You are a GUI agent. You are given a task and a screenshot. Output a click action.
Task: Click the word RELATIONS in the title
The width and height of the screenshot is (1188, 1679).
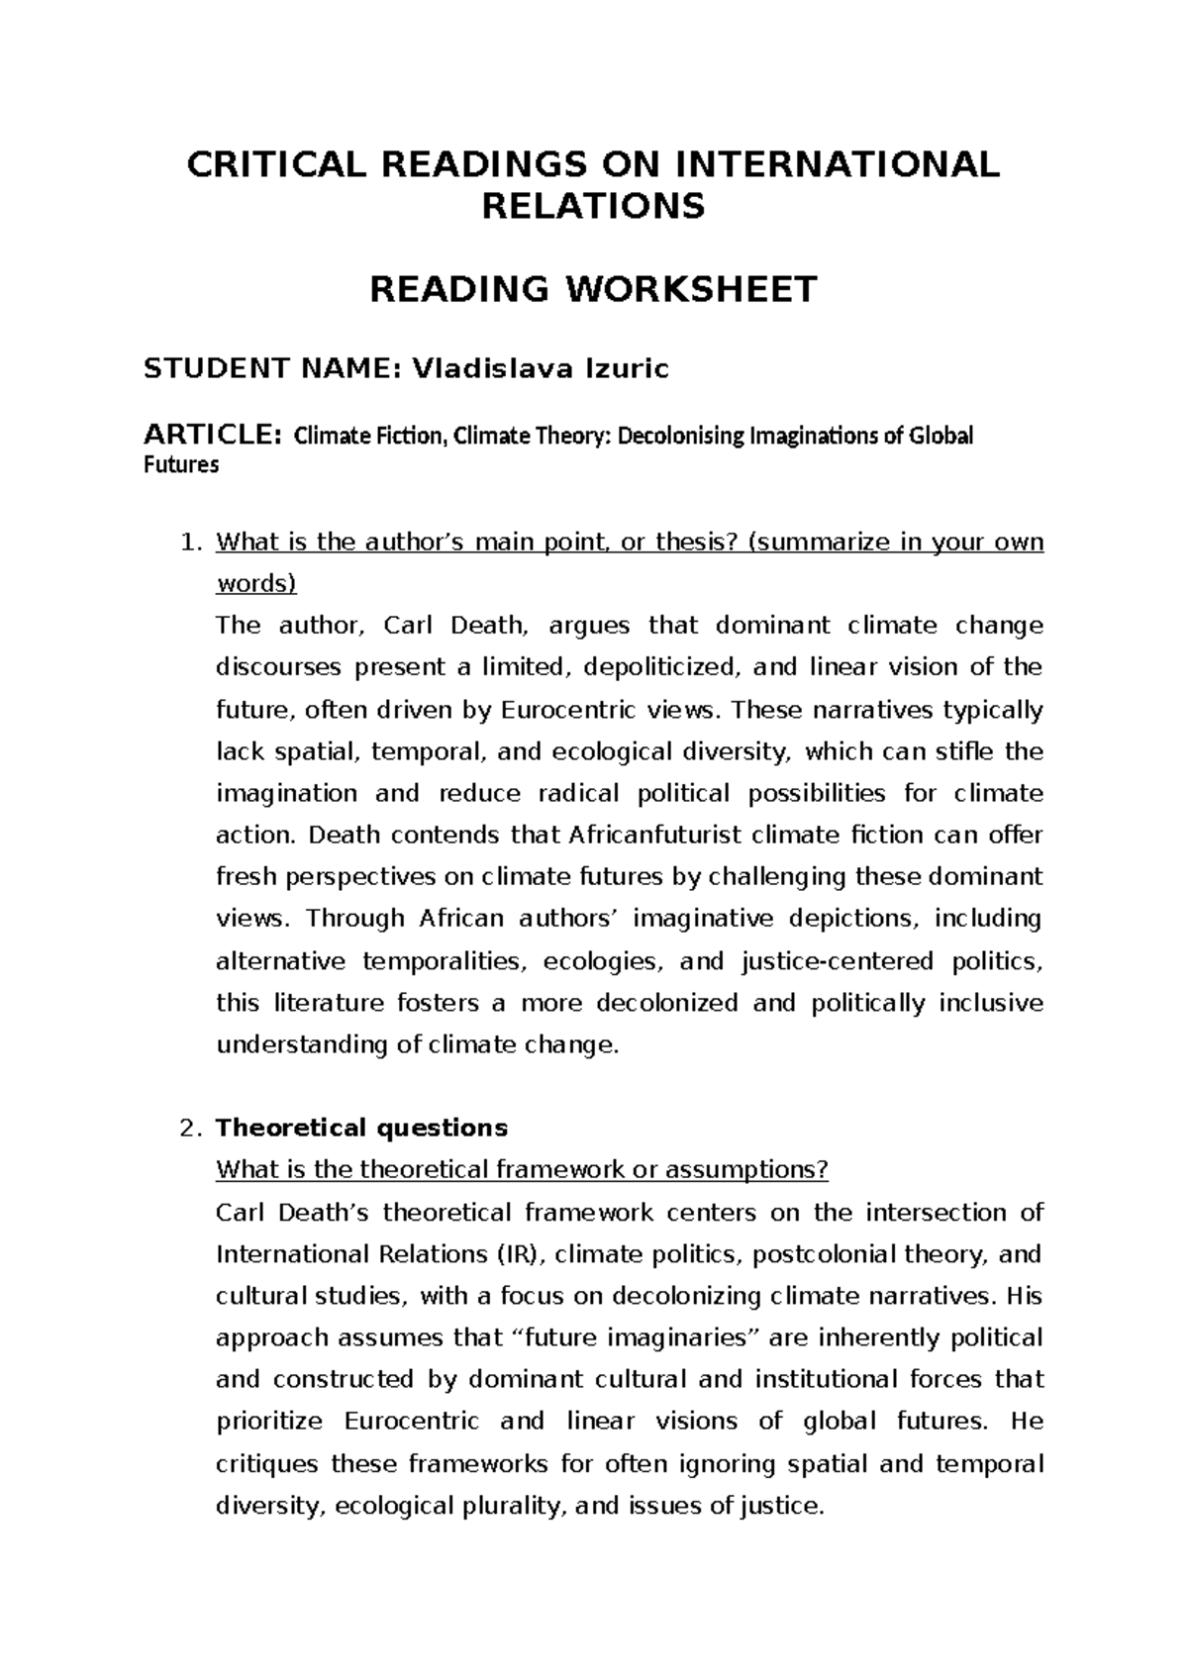coord(592,207)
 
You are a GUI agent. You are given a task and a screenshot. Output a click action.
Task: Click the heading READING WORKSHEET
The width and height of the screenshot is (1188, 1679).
coord(593,289)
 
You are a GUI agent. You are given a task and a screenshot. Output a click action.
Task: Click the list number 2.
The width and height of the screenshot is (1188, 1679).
coord(190,1128)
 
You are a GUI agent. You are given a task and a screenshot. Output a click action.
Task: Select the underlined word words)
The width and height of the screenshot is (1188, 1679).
coord(255,584)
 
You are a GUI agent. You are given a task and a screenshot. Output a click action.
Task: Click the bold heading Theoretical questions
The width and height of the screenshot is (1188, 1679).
coord(361,1128)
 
